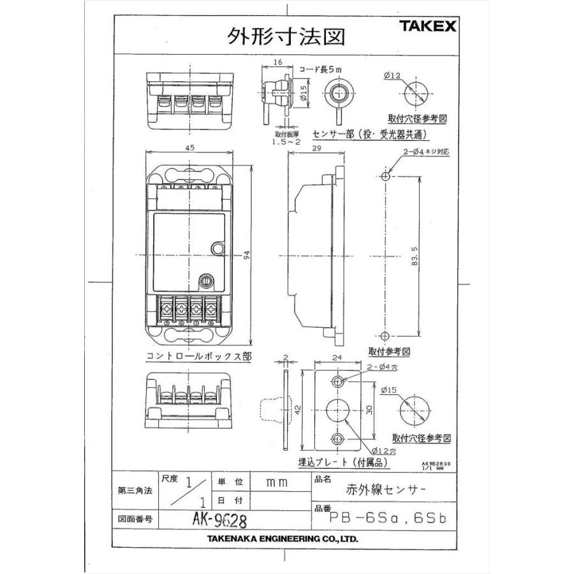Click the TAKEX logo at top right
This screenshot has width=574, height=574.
click(427, 26)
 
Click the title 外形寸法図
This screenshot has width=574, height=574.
click(286, 36)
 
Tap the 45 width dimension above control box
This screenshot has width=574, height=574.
click(190, 147)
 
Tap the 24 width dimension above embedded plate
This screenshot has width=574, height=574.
click(339, 358)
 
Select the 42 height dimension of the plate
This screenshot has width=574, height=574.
click(297, 408)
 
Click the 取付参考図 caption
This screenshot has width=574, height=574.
click(389, 351)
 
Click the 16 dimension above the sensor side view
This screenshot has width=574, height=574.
click(277, 63)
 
